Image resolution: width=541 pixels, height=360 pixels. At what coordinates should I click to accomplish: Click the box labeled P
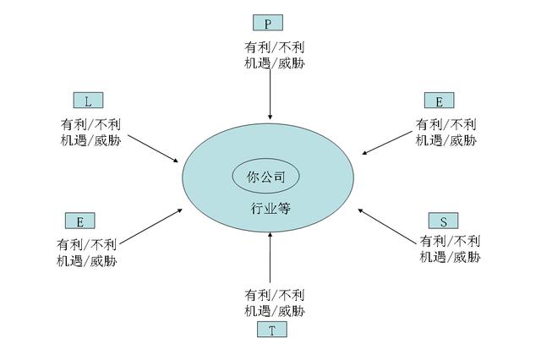pyautogui.click(x=268, y=23)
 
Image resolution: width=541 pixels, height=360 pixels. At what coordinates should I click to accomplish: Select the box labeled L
pyautogui.click(x=88, y=101)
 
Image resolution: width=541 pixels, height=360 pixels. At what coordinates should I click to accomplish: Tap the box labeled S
pyautogui.click(x=443, y=221)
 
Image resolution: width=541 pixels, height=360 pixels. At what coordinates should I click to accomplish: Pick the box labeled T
pyautogui.click(x=272, y=330)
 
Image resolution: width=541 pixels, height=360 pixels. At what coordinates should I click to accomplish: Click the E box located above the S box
pyautogui.click(x=440, y=101)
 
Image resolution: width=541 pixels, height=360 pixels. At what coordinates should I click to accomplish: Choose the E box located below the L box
pyautogui.click(x=80, y=221)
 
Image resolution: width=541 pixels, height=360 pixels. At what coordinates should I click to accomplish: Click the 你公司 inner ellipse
pyautogui.click(x=265, y=177)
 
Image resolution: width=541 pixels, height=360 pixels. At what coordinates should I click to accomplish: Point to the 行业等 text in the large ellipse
pyautogui.click(x=270, y=208)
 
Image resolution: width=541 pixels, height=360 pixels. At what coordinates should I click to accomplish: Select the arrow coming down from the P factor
pyautogui.click(x=270, y=94)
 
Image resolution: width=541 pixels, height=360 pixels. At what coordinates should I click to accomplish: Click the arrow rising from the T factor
pyautogui.click(x=270, y=257)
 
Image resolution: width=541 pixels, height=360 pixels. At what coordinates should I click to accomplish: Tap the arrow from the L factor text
pyautogui.click(x=153, y=148)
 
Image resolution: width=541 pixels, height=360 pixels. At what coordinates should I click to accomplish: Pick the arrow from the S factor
pyautogui.click(x=387, y=226)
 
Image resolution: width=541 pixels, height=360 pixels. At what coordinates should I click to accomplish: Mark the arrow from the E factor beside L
pyautogui.click(x=150, y=226)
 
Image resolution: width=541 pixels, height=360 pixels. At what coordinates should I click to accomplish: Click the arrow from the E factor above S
pyautogui.click(x=387, y=143)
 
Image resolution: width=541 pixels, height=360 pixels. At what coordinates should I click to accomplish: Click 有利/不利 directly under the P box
pyautogui.click(x=274, y=47)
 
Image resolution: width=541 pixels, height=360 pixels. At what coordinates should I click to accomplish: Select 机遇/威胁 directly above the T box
pyautogui.click(x=275, y=311)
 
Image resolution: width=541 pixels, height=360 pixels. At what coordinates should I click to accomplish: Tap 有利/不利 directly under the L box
pyautogui.click(x=90, y=124)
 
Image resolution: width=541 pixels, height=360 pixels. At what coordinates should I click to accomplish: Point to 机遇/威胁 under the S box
pyautogui.click(x=450, y=257)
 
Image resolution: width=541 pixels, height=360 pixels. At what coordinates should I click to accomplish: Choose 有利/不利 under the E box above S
pyautogui.click(x=445, y=124)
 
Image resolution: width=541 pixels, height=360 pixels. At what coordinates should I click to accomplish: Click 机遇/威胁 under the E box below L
pyautogui.click(x=86, y=260)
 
